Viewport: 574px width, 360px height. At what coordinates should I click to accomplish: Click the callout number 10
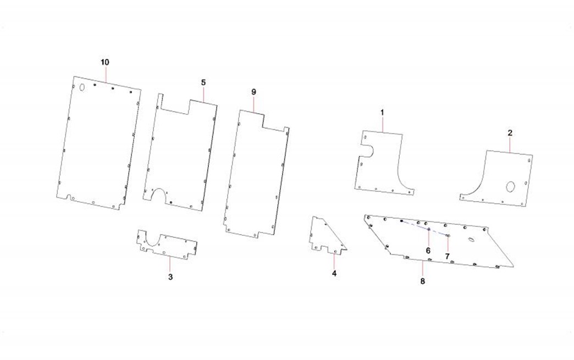click(104, 62)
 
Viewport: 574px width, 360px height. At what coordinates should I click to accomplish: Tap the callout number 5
click(203, 82)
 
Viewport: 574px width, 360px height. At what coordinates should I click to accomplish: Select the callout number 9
click(253, 92)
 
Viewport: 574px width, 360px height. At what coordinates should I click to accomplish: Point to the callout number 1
click(382, 112)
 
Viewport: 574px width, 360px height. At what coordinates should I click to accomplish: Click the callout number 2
click(510, 133)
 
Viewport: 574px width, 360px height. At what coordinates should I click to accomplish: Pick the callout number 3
click(170, 277)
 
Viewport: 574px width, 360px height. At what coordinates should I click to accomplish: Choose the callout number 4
click(334, 273)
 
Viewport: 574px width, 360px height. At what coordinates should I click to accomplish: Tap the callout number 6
click(428, 251)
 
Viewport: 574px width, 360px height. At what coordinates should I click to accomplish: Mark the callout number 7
click(448, 257)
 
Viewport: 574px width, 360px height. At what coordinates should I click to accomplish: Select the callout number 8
click(423, 281)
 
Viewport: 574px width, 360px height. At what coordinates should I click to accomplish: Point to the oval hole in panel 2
click(510, 186)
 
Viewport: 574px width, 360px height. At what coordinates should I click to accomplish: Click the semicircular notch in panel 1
click(369, 151)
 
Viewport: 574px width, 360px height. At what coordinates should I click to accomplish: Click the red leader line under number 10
click(106, 74)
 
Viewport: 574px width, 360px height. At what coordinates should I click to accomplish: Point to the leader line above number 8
click(423, 269)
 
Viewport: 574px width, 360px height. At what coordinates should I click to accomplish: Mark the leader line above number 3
click(170, 264)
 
